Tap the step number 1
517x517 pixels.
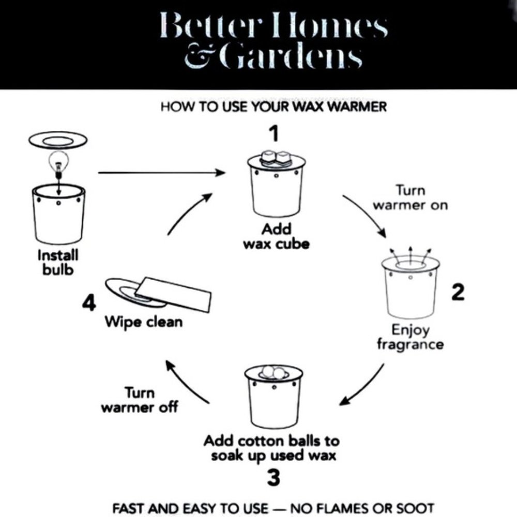274,133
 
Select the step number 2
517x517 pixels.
458,292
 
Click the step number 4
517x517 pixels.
89,302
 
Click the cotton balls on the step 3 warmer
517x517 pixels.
273,372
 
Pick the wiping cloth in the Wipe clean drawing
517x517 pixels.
174,294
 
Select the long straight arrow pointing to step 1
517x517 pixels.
161,173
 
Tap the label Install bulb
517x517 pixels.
58,263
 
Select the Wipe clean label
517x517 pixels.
143,322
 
